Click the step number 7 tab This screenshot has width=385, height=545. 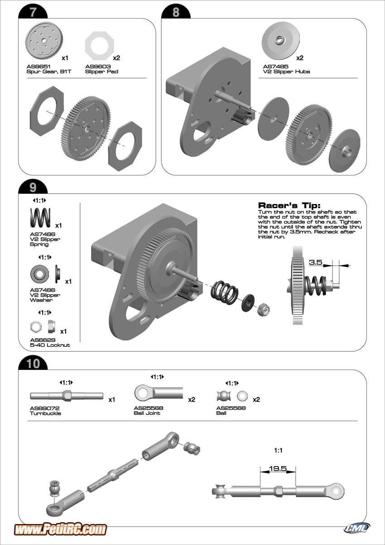pyautogui.click(x=33, y=12)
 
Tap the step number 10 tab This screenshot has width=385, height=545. pyautogui.click(x=33, y=364)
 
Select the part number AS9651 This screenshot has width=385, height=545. pyautogui.click(x=38, y=66)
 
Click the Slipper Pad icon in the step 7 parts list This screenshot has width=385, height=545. pyautogui.click(x=99, y=45)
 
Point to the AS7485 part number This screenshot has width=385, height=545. pyautogui.click(x=276, y=66)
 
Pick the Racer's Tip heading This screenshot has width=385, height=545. pyautogui.click(x=289, y=205)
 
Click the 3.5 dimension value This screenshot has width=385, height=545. pyautogui.click(x=316, y=262)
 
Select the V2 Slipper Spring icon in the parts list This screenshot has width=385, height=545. pyautogui.click(x=40, y=218)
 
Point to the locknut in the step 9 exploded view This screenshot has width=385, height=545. pyautogui.click(x=264, y=310)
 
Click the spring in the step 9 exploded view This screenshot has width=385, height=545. pyautogui.click(x=224, y=292)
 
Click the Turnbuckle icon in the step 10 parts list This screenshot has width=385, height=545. pyautogui.click(x=67, y=395)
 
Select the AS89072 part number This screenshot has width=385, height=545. pyautogui.click(x=44, y=408)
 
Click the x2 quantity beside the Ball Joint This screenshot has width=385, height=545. pyautogui.click(x=192, y=399)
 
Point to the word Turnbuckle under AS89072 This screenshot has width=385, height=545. pyautogui.click(x=45, y=414)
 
